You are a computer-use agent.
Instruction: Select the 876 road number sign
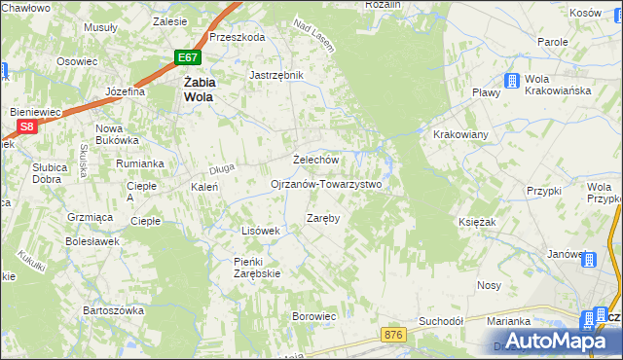392,334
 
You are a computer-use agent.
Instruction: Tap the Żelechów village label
315,160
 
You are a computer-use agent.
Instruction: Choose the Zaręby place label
323,218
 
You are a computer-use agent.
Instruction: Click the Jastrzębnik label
276,75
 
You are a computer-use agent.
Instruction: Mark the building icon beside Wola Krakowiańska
511,82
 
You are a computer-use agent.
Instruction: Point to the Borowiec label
314,316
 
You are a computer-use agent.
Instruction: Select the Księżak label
477,222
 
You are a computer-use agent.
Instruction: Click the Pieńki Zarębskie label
257,268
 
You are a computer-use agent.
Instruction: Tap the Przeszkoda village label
237,37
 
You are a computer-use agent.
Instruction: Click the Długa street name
222,170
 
